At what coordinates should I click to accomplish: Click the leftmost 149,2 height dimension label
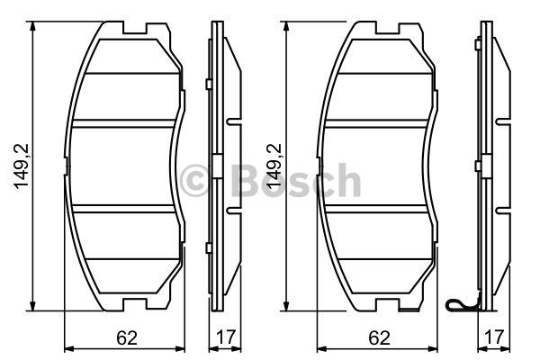click(x=21, y=166)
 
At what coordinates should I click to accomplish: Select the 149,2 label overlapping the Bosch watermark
click(x=275, y=166)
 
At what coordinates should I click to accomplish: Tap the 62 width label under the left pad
click(x=127, y=338)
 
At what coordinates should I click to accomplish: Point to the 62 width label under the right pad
click(x=379, y=338)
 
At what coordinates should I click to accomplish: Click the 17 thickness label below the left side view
click(x=226, y=337)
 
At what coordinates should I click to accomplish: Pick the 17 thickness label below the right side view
click(x=493, y=337)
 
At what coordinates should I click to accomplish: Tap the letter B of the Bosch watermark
click(x=244, y=181)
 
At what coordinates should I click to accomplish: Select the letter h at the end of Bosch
click(x=348, y=180)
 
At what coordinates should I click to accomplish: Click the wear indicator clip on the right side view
click(x=463, y=303)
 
